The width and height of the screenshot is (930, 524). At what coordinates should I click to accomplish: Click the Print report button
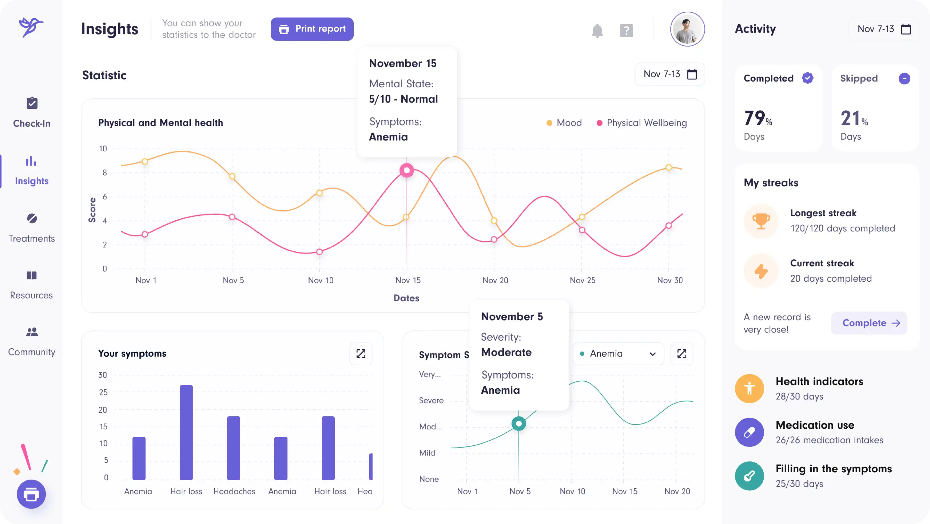[312, 29]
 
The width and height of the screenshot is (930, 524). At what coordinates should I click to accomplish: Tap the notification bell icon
[597, 31]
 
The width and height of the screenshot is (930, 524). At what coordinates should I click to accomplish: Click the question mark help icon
[626, 31]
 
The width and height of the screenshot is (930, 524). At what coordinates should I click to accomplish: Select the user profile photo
[687, 29]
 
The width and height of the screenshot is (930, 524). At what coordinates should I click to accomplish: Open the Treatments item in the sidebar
[32, 228]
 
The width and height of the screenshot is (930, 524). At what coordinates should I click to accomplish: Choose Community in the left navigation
[32, 341]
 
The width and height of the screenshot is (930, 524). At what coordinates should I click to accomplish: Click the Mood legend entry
[564, 123]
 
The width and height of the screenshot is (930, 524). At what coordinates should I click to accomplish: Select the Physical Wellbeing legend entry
[642, 123]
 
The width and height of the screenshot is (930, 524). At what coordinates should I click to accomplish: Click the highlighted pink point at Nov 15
[407, 171]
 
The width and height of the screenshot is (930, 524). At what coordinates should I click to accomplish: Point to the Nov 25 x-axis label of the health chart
[582, 280]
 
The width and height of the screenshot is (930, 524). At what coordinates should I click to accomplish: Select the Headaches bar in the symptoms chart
[234, 448]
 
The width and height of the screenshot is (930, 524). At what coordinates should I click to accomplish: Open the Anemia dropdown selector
[618, 353]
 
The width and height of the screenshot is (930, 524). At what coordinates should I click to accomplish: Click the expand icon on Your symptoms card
[361, 353]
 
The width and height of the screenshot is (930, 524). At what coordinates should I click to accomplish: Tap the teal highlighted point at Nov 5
[518, 423]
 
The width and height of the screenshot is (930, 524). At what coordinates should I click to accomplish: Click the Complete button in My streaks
[869, 323]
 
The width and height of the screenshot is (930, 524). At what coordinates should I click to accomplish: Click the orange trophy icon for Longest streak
[761, 221]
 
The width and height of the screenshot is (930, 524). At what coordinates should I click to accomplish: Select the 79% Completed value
[758, 118]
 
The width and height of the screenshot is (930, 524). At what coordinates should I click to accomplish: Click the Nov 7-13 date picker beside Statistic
[669, 74]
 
